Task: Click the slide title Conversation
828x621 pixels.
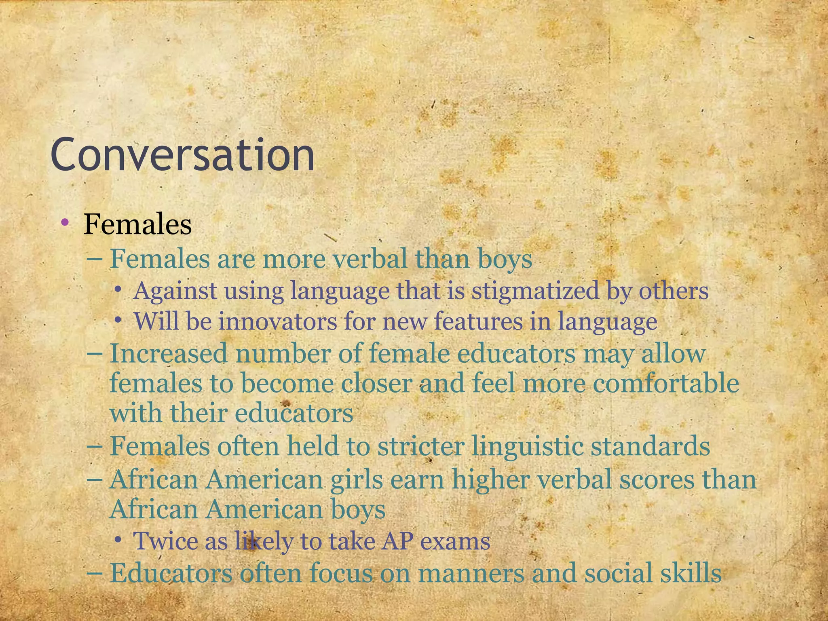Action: (182, 155)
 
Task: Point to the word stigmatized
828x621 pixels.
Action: (535, 291)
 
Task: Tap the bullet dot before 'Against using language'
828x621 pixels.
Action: (118, 289)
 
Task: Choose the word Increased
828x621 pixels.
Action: (169, 353)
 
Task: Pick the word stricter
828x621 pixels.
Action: (420, 446)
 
